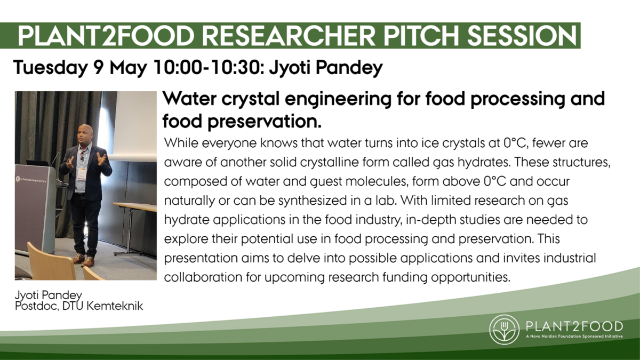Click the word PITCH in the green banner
[x=421, y=36]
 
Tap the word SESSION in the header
[x=522, y=36]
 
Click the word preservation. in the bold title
[x=265, y=122]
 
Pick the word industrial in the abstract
[x=570, y=258]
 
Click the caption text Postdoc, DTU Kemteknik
[x=79, y=306]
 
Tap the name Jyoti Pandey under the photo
[x=49, y=295]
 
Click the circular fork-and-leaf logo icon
[x=504, y=330]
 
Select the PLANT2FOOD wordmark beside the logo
[x=574, y=326]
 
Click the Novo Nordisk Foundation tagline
[x=574, y=337]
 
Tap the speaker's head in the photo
[x=85, y=133]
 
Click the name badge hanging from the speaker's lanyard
[x=82, y=174]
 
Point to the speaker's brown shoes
[x=83, y=260]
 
